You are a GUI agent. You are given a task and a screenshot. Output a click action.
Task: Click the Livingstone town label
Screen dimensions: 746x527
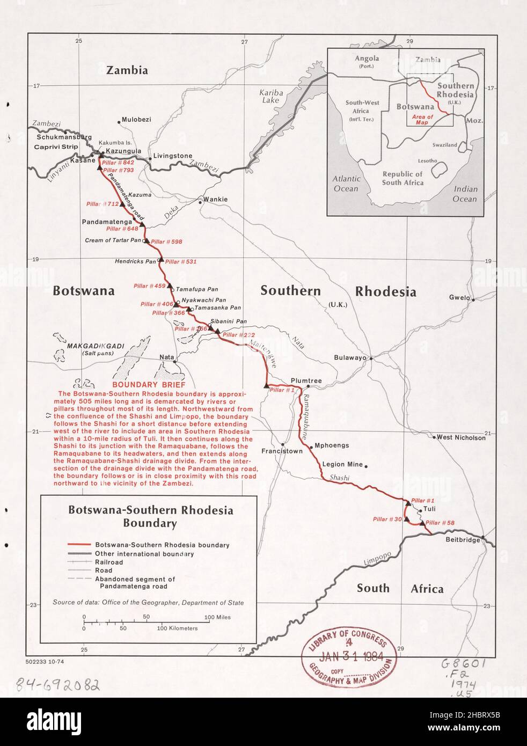172,156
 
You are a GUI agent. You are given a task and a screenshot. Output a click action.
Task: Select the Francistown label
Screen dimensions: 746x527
282,451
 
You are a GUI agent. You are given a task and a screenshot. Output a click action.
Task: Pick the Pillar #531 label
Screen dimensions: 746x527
181,261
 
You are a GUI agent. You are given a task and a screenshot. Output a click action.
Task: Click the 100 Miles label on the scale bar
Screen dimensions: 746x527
217,617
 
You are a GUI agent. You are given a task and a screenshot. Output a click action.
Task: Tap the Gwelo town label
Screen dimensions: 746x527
460,297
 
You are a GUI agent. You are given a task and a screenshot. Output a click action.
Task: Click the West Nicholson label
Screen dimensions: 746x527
461,437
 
